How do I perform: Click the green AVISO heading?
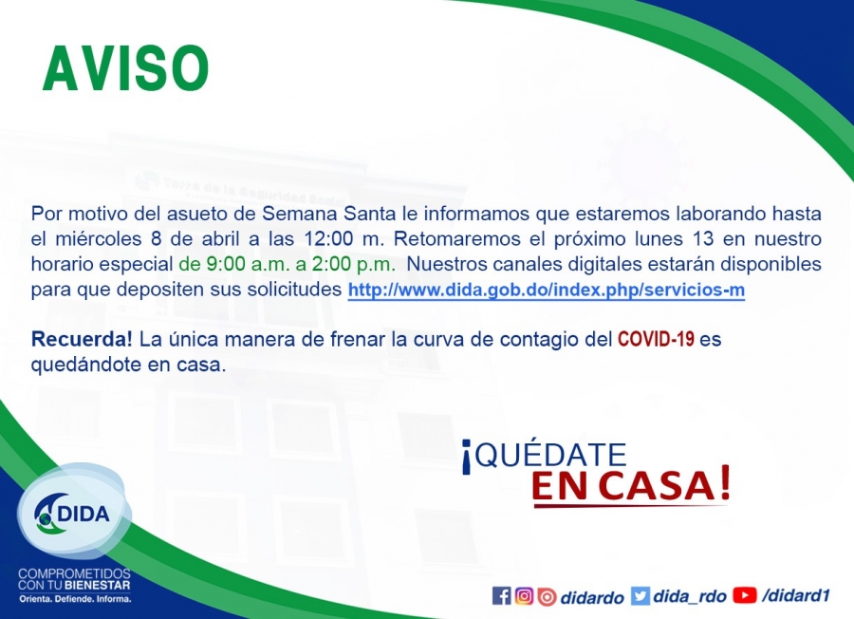(126, 68)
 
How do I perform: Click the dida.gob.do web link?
(547, 290)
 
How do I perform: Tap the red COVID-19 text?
(656, 339)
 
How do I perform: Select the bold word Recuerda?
(82, 339)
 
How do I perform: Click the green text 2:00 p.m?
(354, 264)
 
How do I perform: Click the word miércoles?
(98, 238)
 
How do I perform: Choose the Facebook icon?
(501, 595)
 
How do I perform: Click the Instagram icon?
(524, 595)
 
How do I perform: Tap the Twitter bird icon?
(640, 595)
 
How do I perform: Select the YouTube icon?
(745, 595)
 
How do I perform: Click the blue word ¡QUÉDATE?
(544, 456)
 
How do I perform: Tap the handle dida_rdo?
(690, 596)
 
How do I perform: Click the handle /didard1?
(796, 595)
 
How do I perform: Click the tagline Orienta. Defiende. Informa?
(75, 599)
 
